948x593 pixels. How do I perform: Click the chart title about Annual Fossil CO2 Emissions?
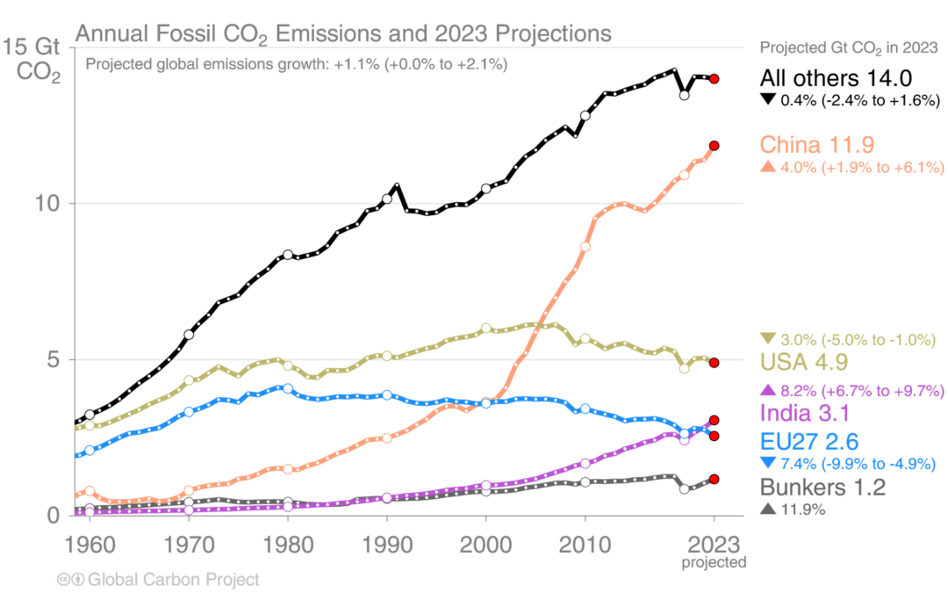(x=342, y=34)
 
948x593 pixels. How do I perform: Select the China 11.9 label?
(x=815, y=144)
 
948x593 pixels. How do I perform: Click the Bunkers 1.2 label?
(x=821, y=488)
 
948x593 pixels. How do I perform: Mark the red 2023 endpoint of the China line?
(x=715, y=146)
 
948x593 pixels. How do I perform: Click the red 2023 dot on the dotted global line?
(x=715, y=79)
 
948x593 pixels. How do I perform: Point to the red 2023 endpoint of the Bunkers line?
(x=715, y=479)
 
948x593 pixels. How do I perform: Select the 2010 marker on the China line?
(x=585, y=247)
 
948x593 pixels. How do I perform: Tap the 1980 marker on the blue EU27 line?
(x=287, y=387)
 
